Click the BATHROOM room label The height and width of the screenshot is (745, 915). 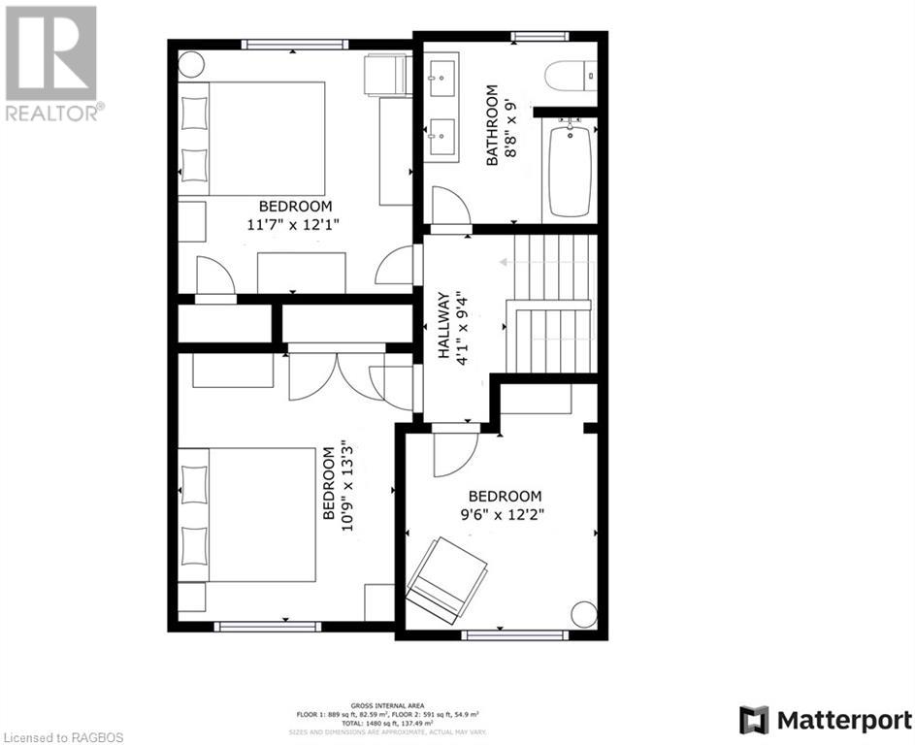(x=492, y=126)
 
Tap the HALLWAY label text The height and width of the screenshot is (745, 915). (x=444, y=326)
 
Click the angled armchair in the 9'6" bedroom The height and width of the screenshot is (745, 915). (x=447, y=580)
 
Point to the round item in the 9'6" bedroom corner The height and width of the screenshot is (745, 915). (x=584, y=614)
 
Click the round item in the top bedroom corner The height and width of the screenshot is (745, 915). (x=190, y=64)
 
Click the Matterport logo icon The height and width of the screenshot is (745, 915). (x=753, y=720)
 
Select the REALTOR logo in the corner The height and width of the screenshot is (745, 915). (x=50, y=62)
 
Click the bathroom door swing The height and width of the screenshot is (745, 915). (x=449, y=206)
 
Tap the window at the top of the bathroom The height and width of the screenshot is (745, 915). (x=539, y=37)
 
